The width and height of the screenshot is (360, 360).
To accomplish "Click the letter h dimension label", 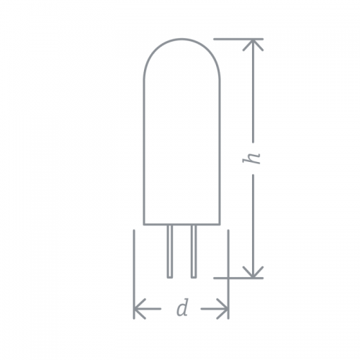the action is point(251,158).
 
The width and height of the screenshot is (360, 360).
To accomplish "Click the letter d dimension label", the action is point(182,308).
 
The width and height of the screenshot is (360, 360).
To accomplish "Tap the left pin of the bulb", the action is point(170,251).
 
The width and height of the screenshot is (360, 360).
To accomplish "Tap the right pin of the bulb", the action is point(194,251).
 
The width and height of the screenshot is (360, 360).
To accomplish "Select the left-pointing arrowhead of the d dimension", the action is point(138,309).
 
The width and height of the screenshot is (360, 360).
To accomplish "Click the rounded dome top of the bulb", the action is point(181,39).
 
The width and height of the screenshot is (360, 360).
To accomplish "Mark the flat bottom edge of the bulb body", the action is point(181,225).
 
